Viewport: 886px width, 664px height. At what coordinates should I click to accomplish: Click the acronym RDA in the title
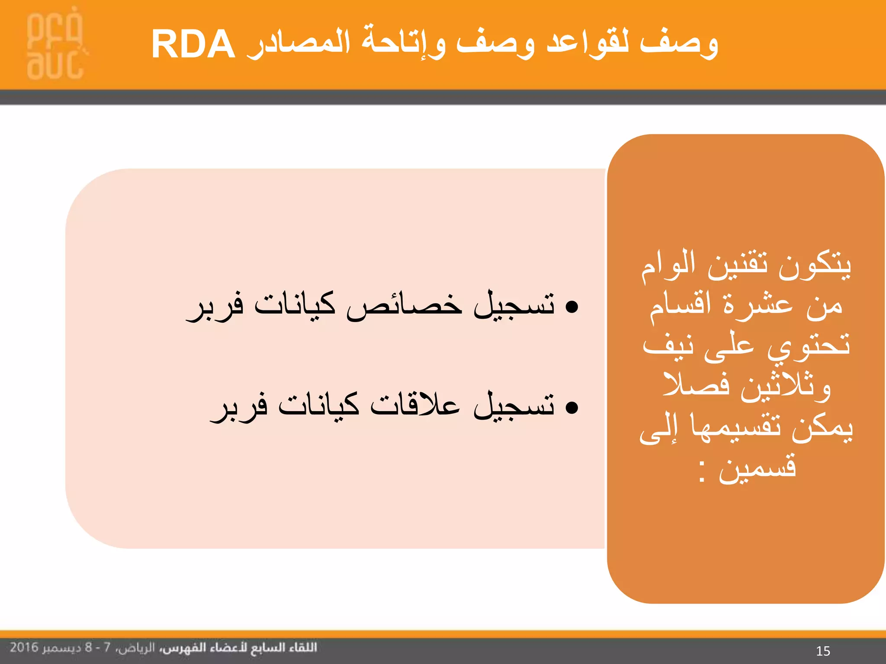click(x=193, y=45)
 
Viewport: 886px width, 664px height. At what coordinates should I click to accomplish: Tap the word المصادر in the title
click(x=299, y=43)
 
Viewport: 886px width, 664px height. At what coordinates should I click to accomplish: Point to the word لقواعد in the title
click(x=588, y=43)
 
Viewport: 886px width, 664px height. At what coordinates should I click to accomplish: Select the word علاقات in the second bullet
click(x=415, y=406)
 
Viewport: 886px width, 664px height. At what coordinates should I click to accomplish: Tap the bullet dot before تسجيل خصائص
click(x=572, y=307)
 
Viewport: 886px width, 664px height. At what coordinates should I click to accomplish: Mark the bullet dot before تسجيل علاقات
click(x=572, y=408)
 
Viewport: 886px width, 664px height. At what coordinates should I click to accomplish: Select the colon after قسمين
click(x=703, y=472)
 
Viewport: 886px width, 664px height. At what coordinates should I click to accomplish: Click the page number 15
click(x=823, y=651)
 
